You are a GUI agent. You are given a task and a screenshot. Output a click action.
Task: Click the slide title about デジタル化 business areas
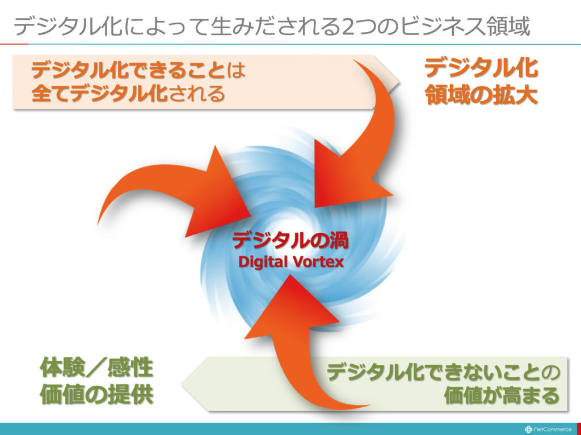click(x=272, y=26)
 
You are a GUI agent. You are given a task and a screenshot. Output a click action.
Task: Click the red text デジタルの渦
click(x=290, y=241)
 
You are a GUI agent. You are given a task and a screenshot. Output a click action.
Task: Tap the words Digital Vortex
click(x=291, y=262)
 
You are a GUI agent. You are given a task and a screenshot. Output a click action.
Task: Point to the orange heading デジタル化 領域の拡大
click(x=481, y=82)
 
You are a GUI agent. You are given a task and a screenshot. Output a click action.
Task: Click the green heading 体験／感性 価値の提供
click(x=96, y=381)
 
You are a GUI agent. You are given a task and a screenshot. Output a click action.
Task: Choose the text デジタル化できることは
click(x=138, y=70)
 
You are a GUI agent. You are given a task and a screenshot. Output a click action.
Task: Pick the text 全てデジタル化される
click(x=128, y=93)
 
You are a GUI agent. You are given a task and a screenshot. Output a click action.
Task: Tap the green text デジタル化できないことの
click(x=443, y=373)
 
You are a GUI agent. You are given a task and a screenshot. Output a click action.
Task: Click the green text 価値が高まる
click(x=502, y=395)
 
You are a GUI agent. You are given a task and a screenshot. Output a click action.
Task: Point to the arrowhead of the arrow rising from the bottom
click(x=293, y=307)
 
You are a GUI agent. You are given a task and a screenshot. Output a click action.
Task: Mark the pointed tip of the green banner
click(x=182, y=383)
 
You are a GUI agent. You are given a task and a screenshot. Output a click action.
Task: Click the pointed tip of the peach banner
click(x=399, y=82)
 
